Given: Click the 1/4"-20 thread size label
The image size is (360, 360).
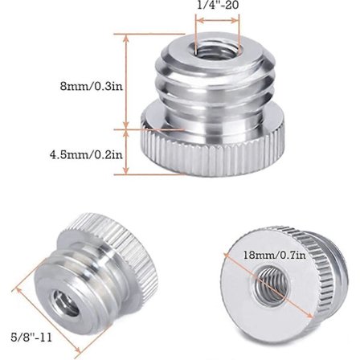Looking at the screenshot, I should coord(218,5).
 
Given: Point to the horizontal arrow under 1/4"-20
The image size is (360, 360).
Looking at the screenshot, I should coord(217,22).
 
